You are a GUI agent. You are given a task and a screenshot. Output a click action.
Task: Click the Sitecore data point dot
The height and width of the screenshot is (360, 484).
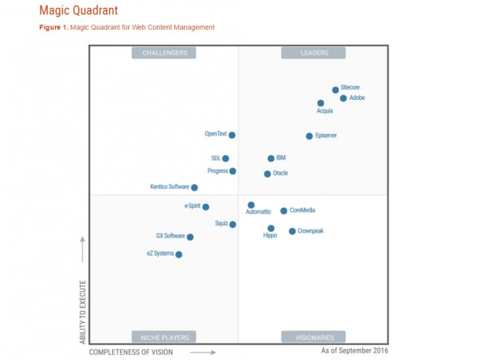click(x=335, y=90)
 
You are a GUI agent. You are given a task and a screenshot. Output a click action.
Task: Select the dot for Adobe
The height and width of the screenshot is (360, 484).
click(x=343, y=98)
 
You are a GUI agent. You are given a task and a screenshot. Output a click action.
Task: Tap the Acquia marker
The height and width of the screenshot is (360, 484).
click(x=320, y=104)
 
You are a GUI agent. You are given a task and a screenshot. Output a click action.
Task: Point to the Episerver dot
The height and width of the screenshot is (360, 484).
click(x=309, y=136)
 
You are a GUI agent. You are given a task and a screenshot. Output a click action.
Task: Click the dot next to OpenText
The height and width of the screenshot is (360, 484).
click(x=232, y=135)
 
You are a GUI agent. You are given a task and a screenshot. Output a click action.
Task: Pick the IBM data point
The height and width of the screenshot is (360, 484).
click(x=271, y=159)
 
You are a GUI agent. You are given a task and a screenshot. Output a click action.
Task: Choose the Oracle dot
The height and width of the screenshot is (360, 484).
click(x=267, y=174)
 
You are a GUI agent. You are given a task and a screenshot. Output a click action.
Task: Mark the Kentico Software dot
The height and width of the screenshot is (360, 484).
click(x=194, y=188)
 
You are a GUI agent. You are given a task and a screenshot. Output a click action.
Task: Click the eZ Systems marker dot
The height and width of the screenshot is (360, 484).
click(x=179, y=255)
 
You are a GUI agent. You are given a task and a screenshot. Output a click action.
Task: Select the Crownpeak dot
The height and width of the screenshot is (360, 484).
click(x=292, y=231)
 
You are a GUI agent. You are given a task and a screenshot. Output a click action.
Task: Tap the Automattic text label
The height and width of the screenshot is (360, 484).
click(x=258, y=212)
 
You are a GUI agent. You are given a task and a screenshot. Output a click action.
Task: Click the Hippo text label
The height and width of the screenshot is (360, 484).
click(x=270, y=236)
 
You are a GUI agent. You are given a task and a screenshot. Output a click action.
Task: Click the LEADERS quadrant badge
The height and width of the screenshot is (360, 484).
click(x=313, y=53)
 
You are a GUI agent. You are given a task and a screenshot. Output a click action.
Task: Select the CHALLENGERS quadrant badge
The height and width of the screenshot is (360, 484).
click(x=165, y=53)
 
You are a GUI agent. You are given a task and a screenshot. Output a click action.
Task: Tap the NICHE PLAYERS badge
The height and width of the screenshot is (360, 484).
click(x=165, y=337)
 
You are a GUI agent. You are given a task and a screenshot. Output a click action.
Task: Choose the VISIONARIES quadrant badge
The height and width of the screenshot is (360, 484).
click(x=313, y=337)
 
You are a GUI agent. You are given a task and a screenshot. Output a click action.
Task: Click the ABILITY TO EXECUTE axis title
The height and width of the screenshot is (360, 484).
click(x=83, y=312)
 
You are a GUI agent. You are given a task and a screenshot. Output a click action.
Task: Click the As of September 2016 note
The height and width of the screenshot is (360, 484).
click(x=354, y=350)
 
